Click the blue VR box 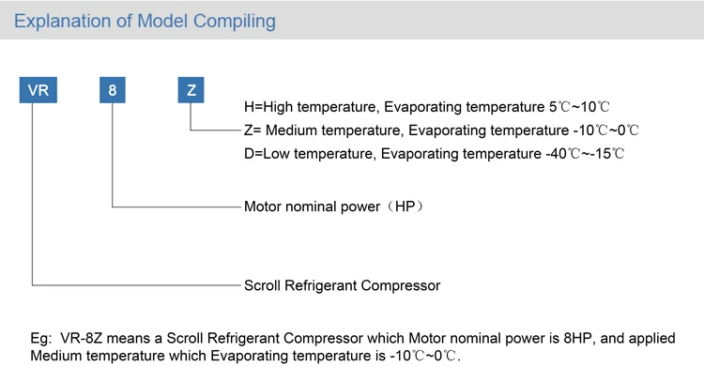tap(38, 91)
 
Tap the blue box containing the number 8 tap(113, 91)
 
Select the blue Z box tap(191, 91)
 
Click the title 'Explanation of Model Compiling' tap(145, 21)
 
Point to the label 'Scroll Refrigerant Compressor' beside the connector tap(342, 284)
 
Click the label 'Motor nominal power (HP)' tap(333, 206)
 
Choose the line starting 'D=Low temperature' tap(434, 152)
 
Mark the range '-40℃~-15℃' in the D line tap(585, 152)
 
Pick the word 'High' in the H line tap(279, 108)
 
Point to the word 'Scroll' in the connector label tap(264, 284)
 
